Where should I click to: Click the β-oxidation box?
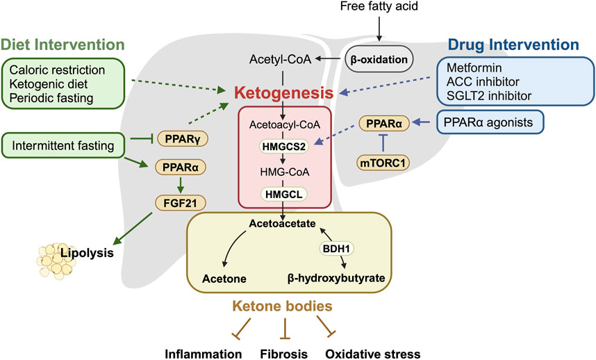pyautogui.click(x=379, y=59)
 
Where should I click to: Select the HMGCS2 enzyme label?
pyautogui.click(x=284, y=147)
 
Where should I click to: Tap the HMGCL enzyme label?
pyautogui.click(x=284, y=195)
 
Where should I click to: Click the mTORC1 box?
pyautogui.click(x=383, y=163)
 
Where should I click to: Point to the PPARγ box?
pyautogui.click(x=183, y=139)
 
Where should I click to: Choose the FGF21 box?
pyautogui.click(x=180, y=203)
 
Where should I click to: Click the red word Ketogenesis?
pyautogui.click(x=284, y=92)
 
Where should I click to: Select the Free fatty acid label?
pyautogui.click(x=379, y=6)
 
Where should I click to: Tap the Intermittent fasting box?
pyautogui.click(x=63, y=145)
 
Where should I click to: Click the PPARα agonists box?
pyautogui.click(x=490, y=122)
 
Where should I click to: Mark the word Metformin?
pyautogui.click(x=474, y=67)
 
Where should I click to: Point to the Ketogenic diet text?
pyautogui.click(x=49, y=84)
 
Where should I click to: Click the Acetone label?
pyautogui.click(x=224, y=279)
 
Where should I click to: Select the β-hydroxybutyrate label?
pyautogui.click(x=336, y=278)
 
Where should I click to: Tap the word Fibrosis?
pyautogui.click(x=283, y=354)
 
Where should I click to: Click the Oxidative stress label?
pyautogui.click(x=373, y=354)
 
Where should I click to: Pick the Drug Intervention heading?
pyautogui.click(x=513, y=44)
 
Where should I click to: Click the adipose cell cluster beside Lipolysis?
pyautogui.click(x=55, y=261)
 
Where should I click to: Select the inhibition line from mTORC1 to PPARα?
pyautogui.click(x=383, y=143)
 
